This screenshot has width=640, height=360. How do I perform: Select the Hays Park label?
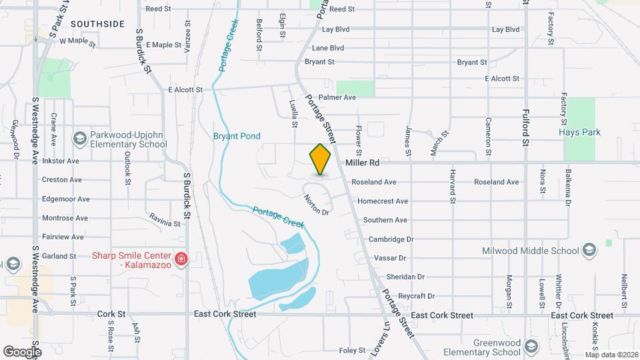point(579,133)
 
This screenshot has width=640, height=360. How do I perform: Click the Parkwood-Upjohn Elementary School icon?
point(79,138)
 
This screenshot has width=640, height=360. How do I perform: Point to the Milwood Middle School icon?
point(589,250)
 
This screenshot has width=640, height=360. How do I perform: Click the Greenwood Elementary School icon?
point(531,347)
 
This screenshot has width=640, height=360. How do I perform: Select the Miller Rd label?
point(362,162)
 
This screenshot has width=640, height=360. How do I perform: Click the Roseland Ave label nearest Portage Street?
point(374,182)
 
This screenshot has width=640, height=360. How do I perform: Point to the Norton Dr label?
point(317,205)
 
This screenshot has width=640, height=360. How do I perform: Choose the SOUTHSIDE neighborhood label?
point(97,24)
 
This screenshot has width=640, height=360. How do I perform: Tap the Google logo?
point(22,351)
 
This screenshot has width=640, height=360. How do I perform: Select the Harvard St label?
point(452,190)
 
